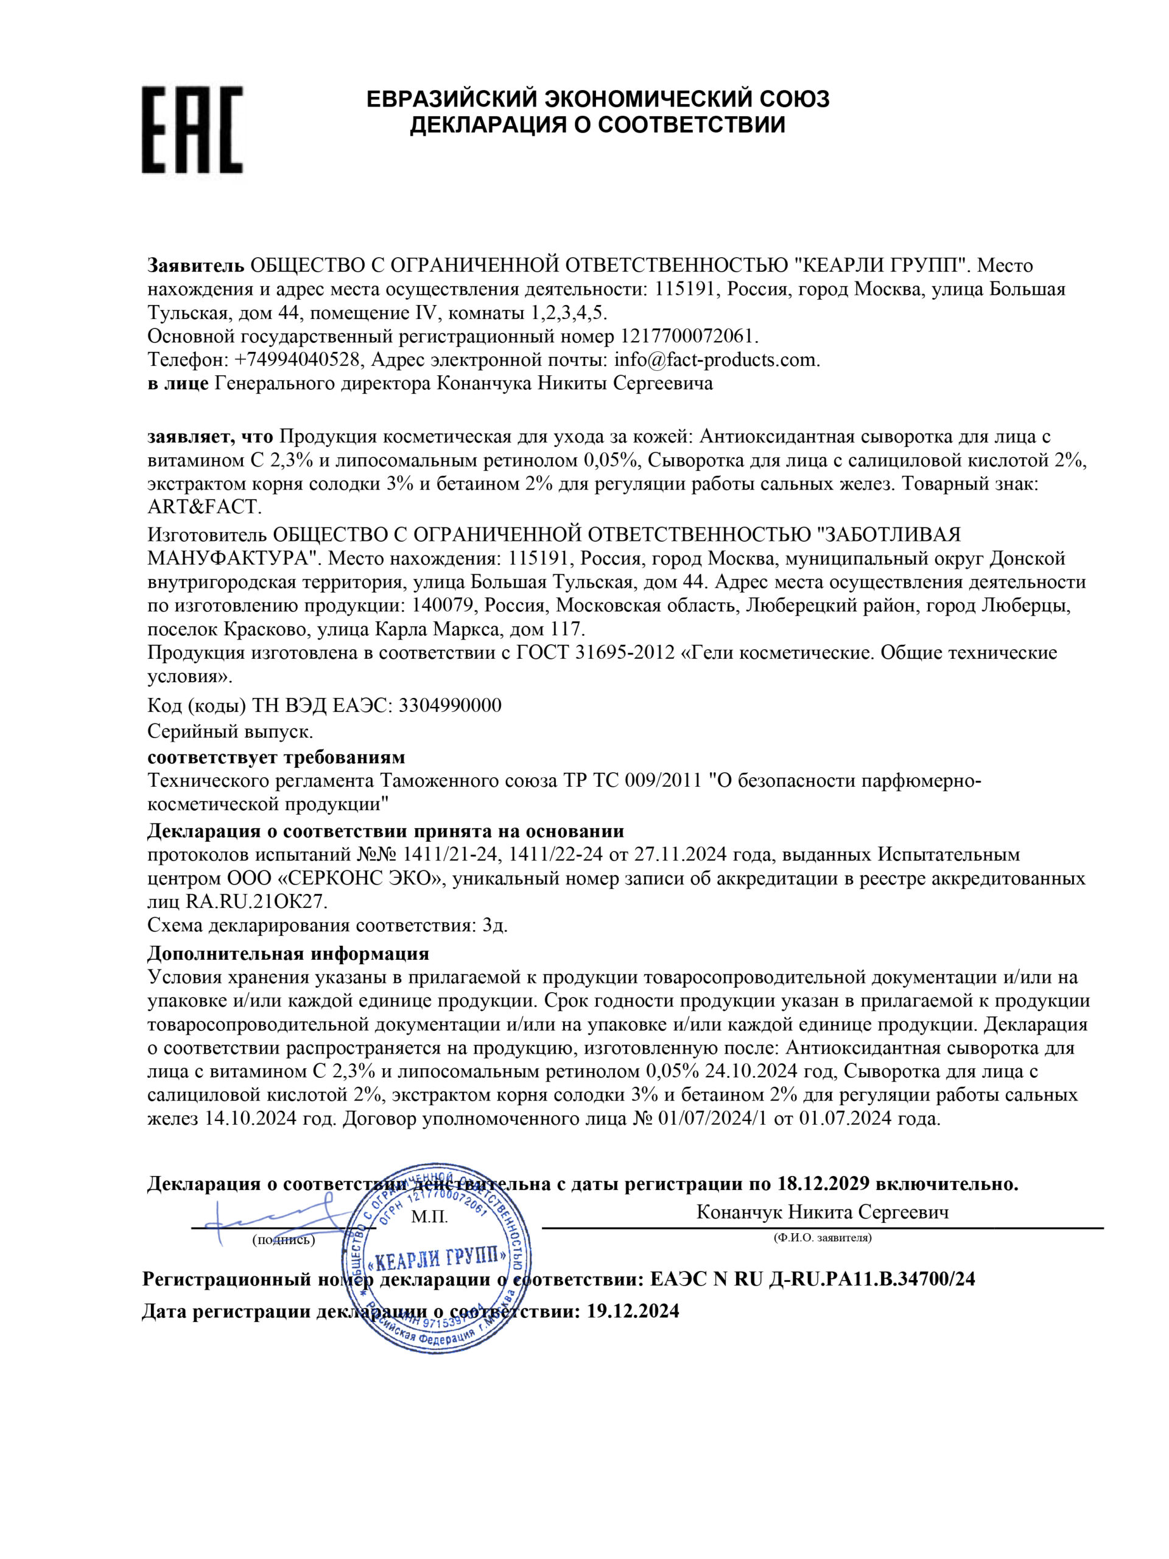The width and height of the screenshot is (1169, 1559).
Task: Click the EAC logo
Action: pyautogui.click(x=192, y=130)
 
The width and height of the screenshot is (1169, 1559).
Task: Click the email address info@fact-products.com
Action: pyautogui.click(x=715, y=359)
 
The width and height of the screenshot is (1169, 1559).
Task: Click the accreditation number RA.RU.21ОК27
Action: pyautogui.click(x=256, y=902)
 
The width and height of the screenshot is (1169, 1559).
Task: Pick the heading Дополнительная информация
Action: pyautogui.click(x=287, y=954)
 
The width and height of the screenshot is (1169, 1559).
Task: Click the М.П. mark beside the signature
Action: pyautogui.click(x=429, y=1217)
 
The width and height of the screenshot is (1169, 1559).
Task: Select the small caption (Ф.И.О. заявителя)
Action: pyautogui.click(x=821, y=1237)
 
